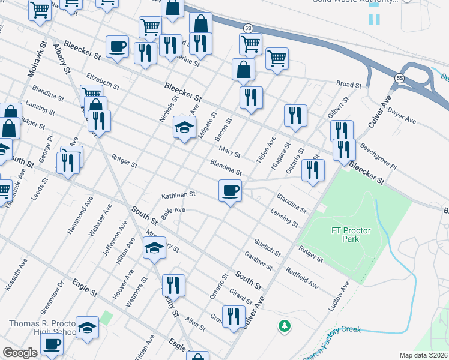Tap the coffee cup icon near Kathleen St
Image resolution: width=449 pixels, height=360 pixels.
pyautogui.click(x=230, y=191)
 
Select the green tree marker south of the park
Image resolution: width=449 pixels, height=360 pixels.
pyautogui.click(x=284, y=326)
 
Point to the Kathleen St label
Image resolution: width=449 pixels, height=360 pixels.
pyautogui.click(x=179, y=195)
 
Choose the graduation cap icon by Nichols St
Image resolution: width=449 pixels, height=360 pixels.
pyautogui.click(x=185, y=128)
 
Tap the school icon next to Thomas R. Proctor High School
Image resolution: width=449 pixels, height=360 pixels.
pyautogui.click(x=87, y=328)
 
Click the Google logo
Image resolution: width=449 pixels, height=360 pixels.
pyautogui.click(x=20, y=353)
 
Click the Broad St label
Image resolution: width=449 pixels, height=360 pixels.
pyautogui.click(x=349, y=85)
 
